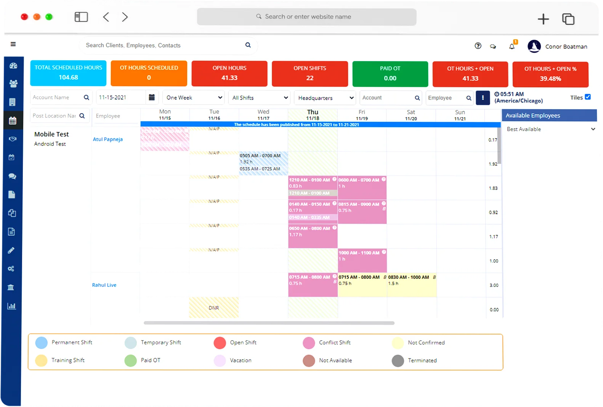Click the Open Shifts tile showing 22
coord(310,74)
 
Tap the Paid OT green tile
coord(390,74)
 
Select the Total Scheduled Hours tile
coord(68,73)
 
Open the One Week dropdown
coord(194,98)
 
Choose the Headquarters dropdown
coord(325,98)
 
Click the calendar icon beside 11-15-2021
coord(152,97)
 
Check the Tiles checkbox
coord(588,97)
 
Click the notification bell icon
coord(512,47)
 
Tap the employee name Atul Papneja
coord(108,139)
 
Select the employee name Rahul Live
coord(104,285)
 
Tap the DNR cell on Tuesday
coord(214,307)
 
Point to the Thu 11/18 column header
coord(313,115)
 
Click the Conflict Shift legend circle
coord(309,343)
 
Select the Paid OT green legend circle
coord(131,360)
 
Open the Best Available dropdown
coord(550,129)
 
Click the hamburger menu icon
coord(13,44)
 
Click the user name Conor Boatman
coord(566,47)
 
